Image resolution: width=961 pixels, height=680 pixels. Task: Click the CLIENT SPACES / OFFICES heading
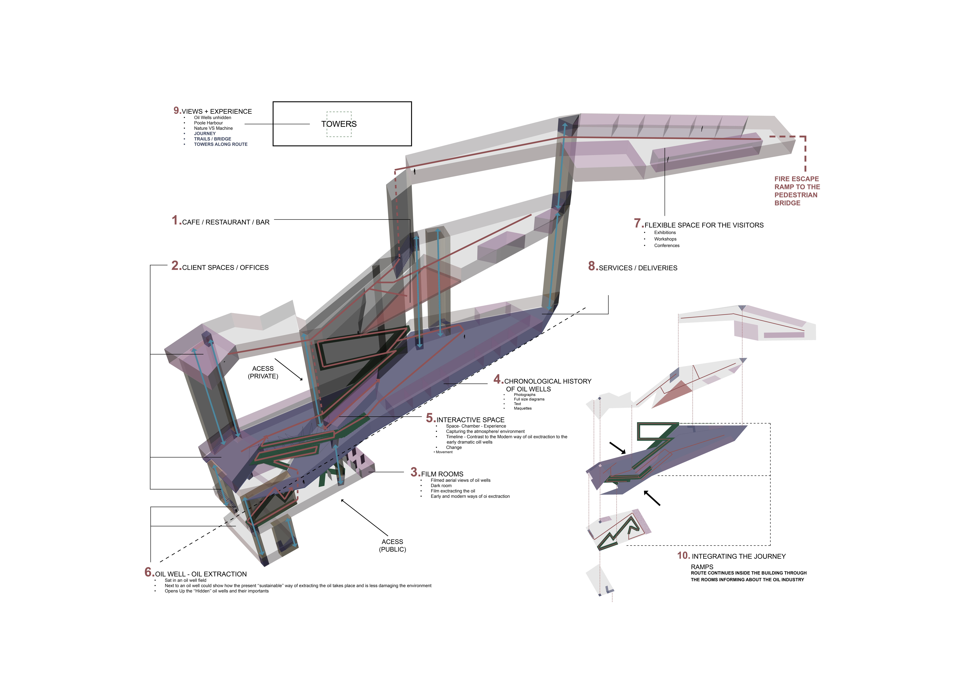tap(225, 268)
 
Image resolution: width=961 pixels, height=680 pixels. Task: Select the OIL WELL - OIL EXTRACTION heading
tap(201, 574)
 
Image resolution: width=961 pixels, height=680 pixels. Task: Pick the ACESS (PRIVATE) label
tap(263, 372)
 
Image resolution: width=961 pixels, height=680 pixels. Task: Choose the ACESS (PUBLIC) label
tap(392, 546)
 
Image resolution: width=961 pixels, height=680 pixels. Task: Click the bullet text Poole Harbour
tap(208, 123)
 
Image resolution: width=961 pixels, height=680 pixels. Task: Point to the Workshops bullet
tap(665, 239)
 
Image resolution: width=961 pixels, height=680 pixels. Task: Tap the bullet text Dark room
tap(441, 486)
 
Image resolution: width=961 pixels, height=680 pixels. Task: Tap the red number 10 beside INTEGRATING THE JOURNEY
tap(683, 556)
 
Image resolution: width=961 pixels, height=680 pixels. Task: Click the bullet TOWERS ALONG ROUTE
tap(221, 144)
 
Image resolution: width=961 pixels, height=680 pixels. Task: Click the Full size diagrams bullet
tap(529, 399)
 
